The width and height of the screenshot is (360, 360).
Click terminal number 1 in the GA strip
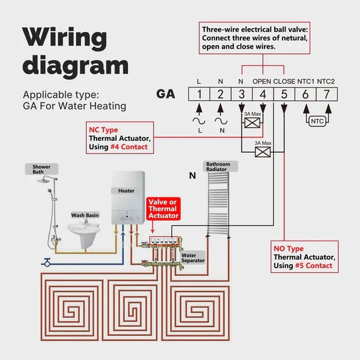pyautogui.click(x=199, y=94)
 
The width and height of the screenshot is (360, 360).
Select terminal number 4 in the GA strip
pyautogui.click(x=262, y=94)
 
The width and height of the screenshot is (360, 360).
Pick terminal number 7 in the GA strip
pyautogui.click(x=325, y=94)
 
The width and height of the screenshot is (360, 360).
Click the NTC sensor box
pyautogui.click(x=316, y=121)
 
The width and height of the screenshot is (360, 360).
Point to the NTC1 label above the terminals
pyautogui.click(x=305, y=81)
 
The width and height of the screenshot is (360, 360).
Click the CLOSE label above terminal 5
pyautogui.click(x=284, y=81)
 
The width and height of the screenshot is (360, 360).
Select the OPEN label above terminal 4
pyautogui.click(x=262, y=81)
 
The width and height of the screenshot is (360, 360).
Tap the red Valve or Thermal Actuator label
pyautogui.click(x=163, y=209)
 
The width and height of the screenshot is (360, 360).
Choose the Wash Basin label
pyautogui.click(x=85, y=214)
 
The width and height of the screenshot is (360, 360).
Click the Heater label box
pyautogui.click(x=126, y=191)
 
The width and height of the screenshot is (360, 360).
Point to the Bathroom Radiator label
pyautogui.click(x=218, y=167)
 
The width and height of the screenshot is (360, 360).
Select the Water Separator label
pyautogui.click(x=193, y=258)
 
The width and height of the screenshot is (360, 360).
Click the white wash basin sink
pyautogui.click(x=85, y=230)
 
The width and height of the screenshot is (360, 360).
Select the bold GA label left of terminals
pyautogui.click(x=166, y=94)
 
